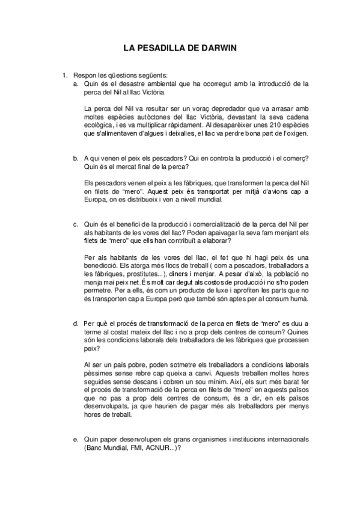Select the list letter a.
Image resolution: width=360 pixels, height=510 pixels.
(76, 84)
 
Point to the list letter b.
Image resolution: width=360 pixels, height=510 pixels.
(76, 158)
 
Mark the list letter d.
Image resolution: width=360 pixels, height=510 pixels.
(76, 323)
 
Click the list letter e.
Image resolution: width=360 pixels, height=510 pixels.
(76, 440)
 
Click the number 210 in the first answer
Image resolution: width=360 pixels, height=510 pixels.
(260, 125)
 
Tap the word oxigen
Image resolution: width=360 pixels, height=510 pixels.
(296, 134)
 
